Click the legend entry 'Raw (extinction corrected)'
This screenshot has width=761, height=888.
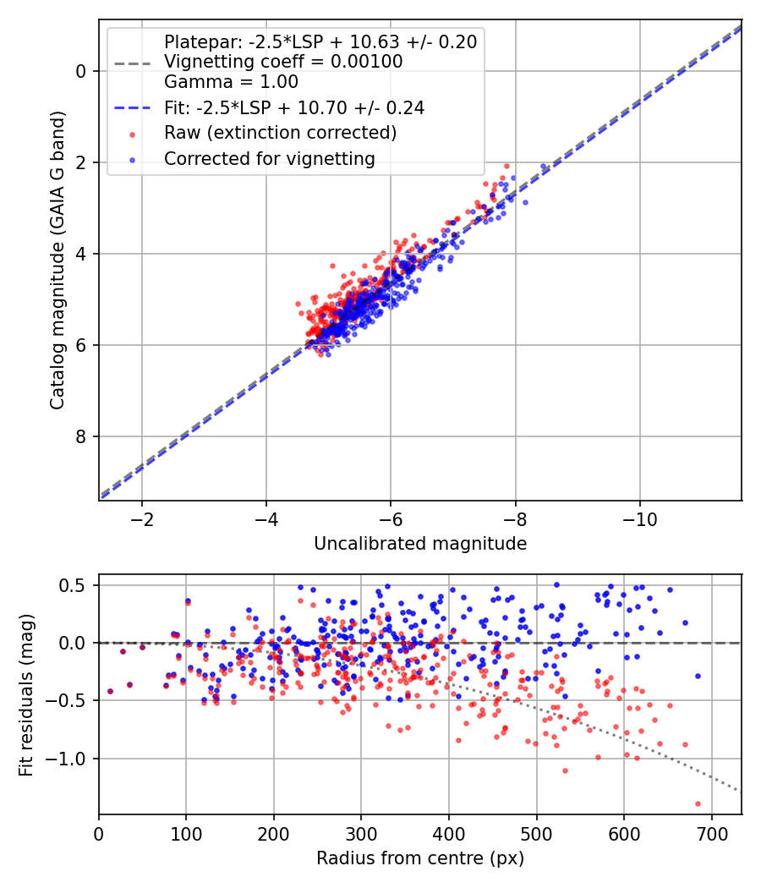pyautogui.click(x=280, y=133)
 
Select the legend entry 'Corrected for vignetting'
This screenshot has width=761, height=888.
pyautogui.click(x=269, y=158)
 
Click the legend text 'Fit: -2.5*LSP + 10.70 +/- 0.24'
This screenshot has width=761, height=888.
pyautogui.click(x=294, y=107)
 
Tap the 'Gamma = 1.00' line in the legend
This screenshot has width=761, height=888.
pyautogui.click(x=231, y=82)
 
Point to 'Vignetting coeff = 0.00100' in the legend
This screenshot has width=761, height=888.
pyautogui.click(x=283, y=62)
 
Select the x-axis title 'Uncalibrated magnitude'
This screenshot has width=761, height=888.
pyautogui.click(x=420, y=544)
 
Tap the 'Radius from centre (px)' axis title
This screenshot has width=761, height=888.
pyautogui.click(x=420, y=858)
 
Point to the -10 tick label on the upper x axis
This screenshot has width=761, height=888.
pyautogui.click(x=640, y=518)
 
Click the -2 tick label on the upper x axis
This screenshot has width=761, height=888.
pyautogui.click(x=141, y=518)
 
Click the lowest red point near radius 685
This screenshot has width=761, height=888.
pyautogui.click(x=698, y=803)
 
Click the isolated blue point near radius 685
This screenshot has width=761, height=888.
pyautogui.click(x=698, y=676)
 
